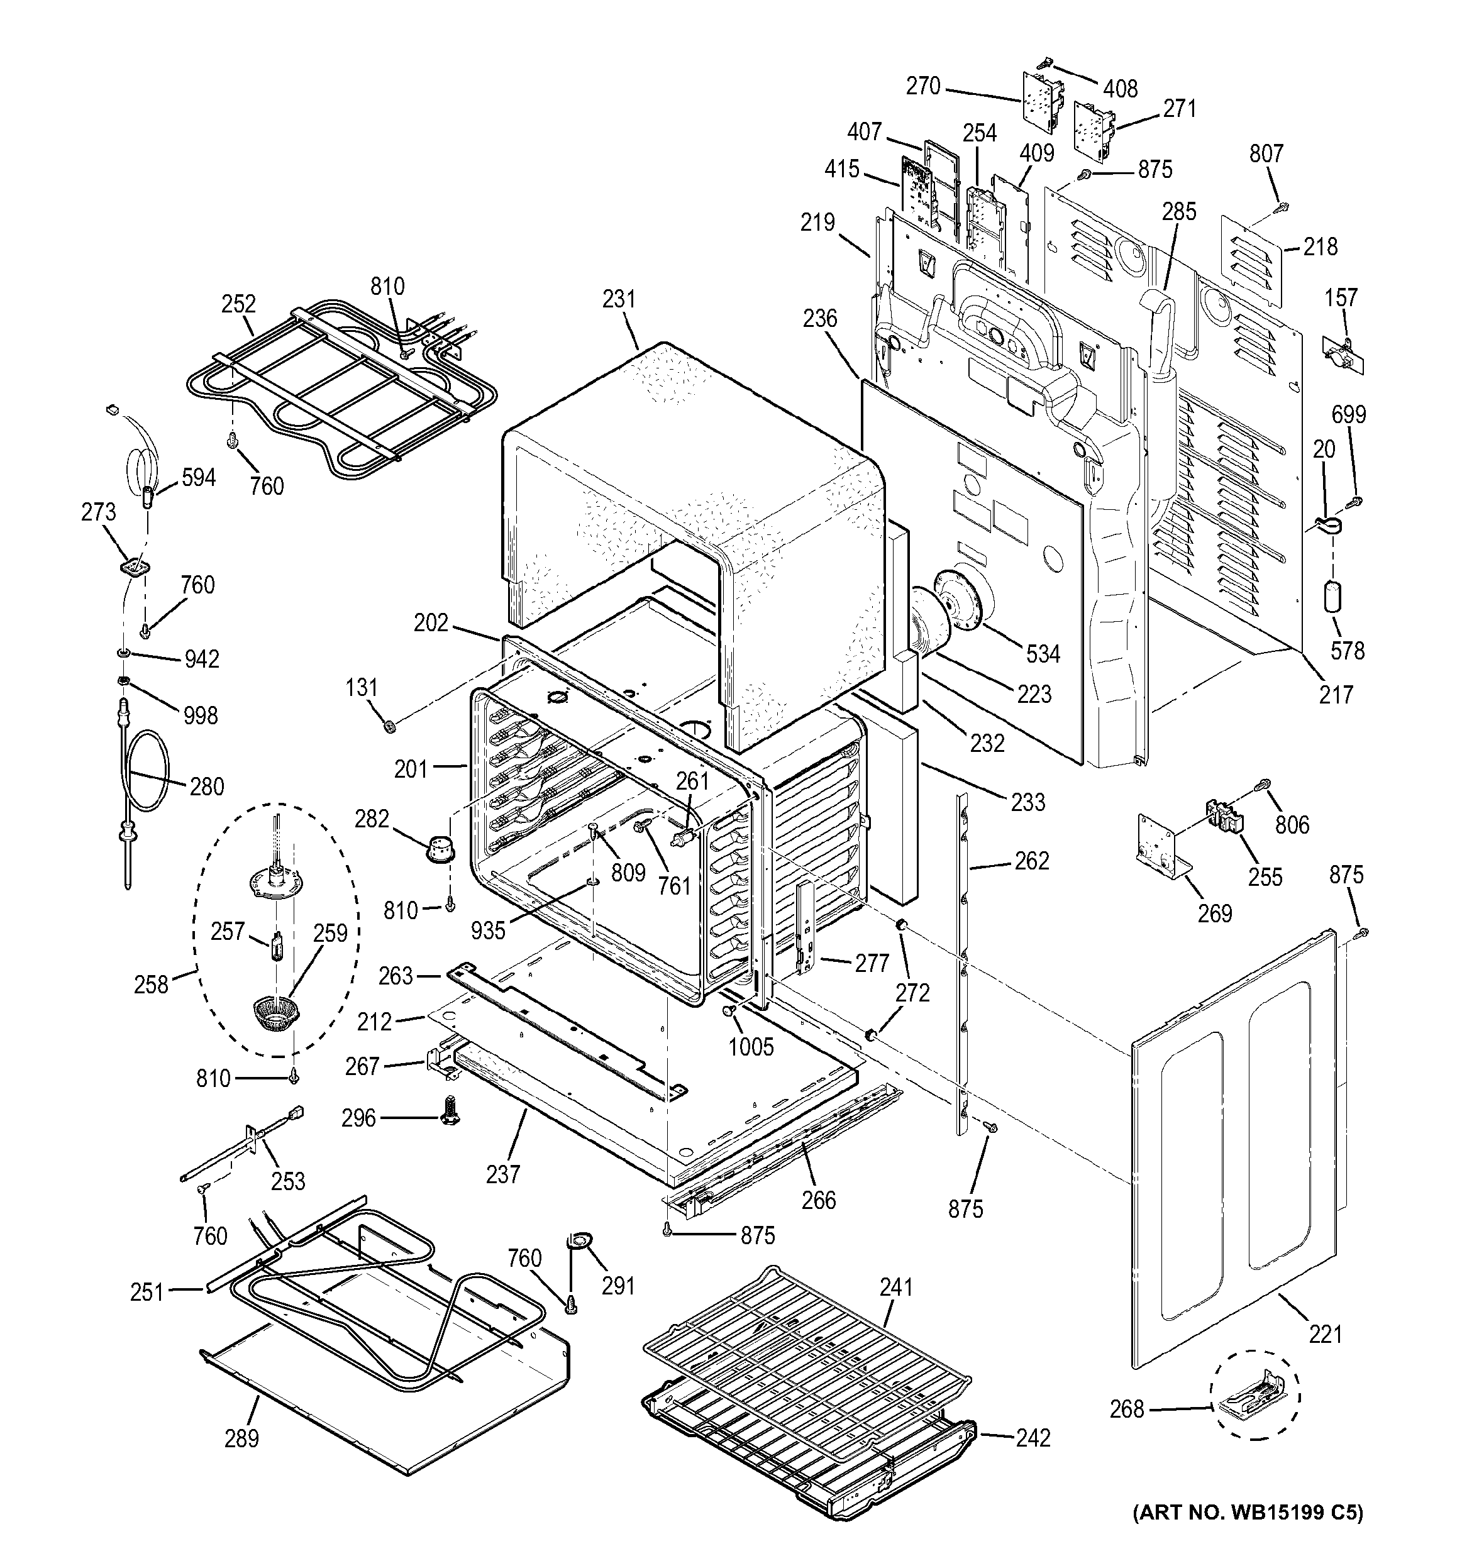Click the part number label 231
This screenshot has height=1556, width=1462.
pyautogui.click(x=619, y=299)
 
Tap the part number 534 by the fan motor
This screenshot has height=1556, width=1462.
pyautogui.click(x=1043, y=654)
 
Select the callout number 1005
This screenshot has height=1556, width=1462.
pyautogui.click(x=751, y=1047)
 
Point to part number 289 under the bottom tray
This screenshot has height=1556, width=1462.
pyautogui.click(x=241, y=1438)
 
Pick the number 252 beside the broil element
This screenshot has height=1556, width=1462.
pyautogui.click(x=239, y=304)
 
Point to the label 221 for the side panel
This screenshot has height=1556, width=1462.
pyautogui.click(x=1325, y=1333)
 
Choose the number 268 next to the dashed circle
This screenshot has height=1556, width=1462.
pyautogui.click(x=1126, y=1409)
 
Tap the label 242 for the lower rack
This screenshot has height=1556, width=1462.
pyautogui.click(x=1033, y=1438)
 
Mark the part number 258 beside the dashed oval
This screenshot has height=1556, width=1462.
pyautogui.click(x=151, y=984)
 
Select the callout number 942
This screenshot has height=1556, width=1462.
pyautogui.click(x=201, y=659)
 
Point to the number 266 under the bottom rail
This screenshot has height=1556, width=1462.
pyautogui.click(x=818, y=1200)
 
